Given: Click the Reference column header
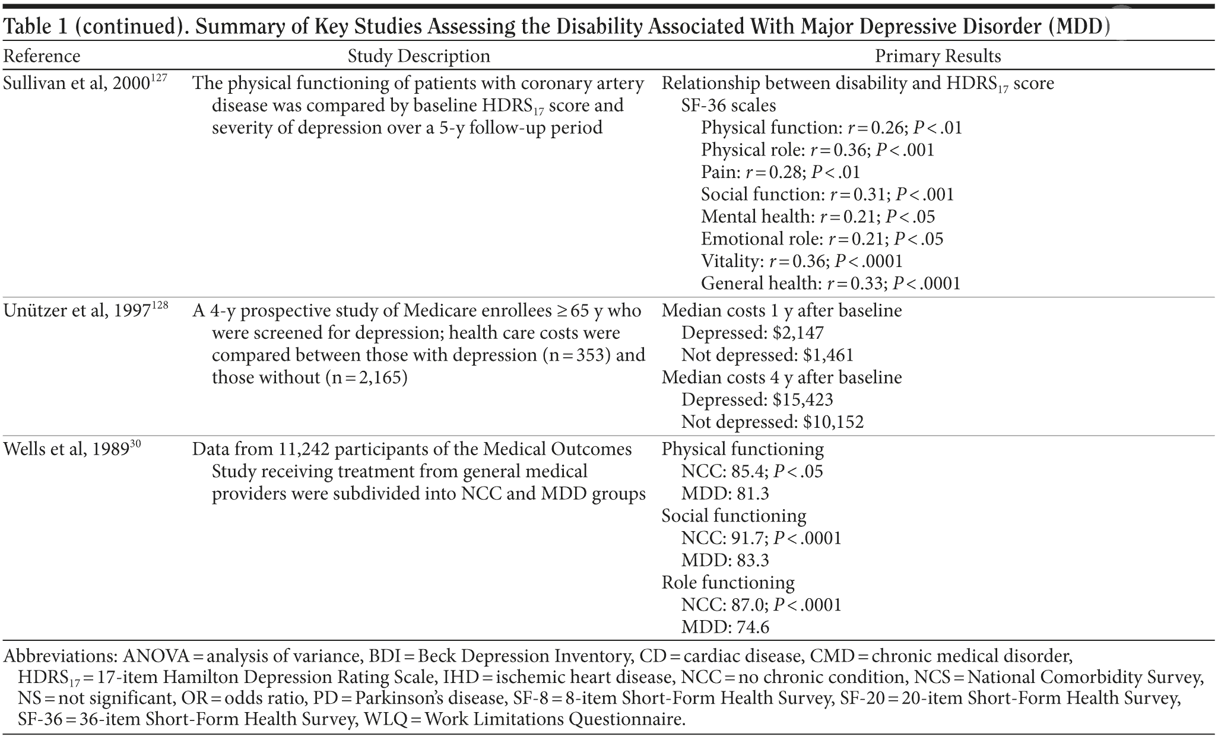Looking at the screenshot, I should [x=42, y=56].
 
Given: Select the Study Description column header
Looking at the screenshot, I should [x=418, y=56].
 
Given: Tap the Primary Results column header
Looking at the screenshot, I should [x=938, y=56].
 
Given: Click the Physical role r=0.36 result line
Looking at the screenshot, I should [x=817, y=150].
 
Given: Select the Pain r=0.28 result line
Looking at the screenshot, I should [x=780, y=173].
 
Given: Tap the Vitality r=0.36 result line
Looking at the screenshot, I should [x=801, y=261].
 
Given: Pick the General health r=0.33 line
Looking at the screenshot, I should [x=830, y=284].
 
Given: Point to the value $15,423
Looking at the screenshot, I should [x=803, y=400].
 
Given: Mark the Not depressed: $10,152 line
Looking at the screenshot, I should [x=772, y=422].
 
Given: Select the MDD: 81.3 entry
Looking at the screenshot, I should [x=725, y=494].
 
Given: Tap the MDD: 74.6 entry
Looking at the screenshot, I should [x=725, y=627].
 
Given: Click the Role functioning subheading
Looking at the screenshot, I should [x=728, y=583].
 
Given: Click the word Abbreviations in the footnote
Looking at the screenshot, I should [x=60, y=656].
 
